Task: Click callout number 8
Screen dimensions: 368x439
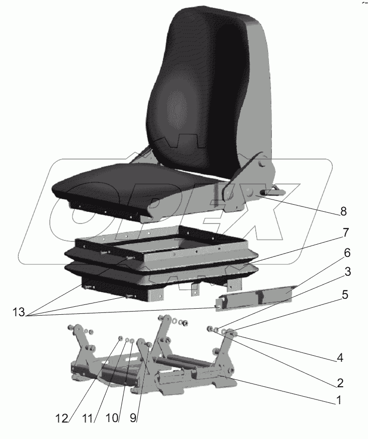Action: [x=343, y=211]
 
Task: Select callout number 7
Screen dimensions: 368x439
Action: [x=345, y=232]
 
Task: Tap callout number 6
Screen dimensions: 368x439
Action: [x=347, y=253]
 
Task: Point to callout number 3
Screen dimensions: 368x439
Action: [x=348, y=271]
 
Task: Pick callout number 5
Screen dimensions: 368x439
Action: [x=345, y=295]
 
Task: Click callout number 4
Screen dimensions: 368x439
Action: [x=340, y=358]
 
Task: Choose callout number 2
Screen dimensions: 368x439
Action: [x=340, y=383]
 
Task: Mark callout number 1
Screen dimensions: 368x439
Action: [x=339, y=400]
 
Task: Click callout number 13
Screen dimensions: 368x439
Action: [x=19, y=312]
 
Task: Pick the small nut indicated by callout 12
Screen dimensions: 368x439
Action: [x=121, y=338]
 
